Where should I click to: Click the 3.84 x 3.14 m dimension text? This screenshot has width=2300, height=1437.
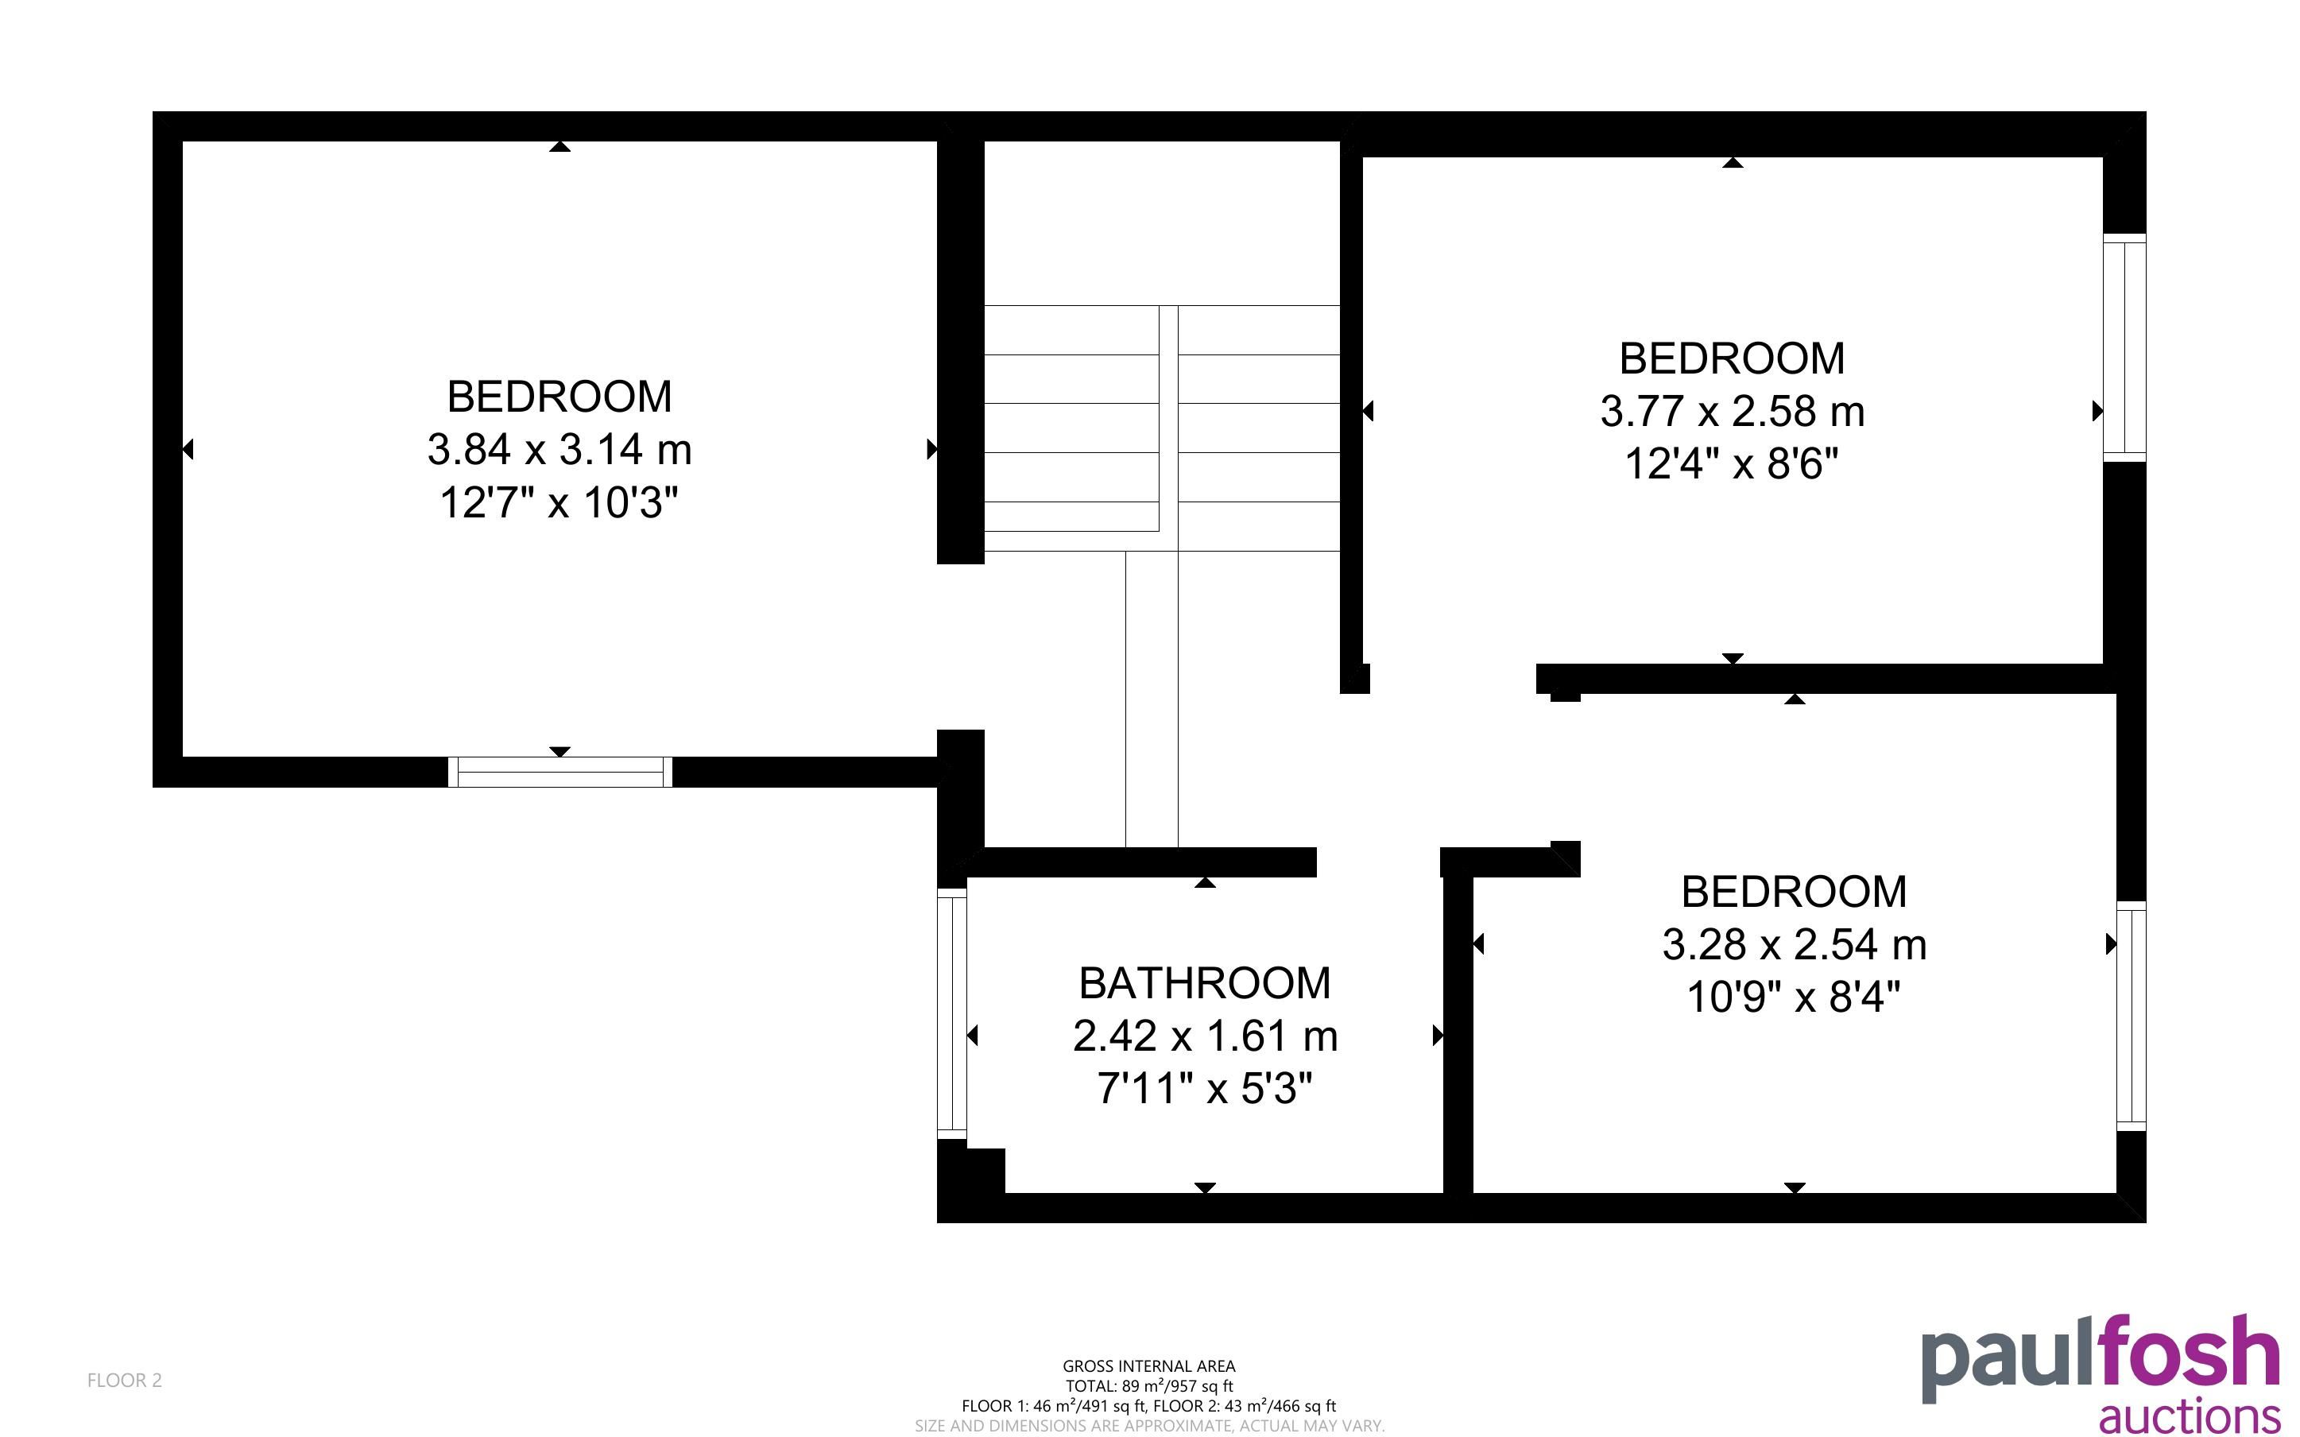(x=560, y=450)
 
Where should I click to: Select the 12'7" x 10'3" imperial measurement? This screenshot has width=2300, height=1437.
(x=560, y=503)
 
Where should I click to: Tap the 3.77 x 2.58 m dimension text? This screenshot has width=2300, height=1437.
(x=1732, y=412)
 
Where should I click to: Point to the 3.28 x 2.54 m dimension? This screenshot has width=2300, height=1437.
(x=1794, y=945)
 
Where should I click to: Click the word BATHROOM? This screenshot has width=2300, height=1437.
(x=1205, y=984)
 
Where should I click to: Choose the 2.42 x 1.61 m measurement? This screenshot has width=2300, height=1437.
(x=1205, y=1036)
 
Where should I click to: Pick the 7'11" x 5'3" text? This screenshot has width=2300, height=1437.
(x=1205, y=1089)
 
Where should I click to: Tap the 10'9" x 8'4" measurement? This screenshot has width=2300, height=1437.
(x=1794, y=998)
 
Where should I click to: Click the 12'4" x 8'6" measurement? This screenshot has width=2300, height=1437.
(x=1732, y=465)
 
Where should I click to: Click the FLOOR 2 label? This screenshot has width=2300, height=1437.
(x=125, y=1380)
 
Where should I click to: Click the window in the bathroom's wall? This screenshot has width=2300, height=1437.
(x=952, y=1013)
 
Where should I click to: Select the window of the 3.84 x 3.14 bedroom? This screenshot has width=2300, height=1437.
(x=560, y=772)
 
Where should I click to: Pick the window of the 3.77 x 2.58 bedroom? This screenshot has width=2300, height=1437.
(x=2124, y=348)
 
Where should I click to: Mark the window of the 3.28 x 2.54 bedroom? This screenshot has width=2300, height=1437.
(x=2131, y=1016)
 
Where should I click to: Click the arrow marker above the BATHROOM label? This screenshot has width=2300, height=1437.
(x=1205, y=883)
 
